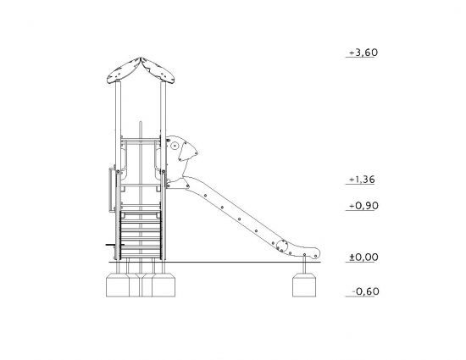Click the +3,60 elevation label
click(363, 53)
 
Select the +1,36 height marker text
click(362, 180)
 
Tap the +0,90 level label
click(363, 206)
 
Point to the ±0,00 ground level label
click(363, 258)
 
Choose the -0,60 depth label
click(365, 291)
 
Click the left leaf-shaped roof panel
click(124, 71)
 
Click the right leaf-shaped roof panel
click(158, 70)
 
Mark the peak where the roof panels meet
click(141, 58)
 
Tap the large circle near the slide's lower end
click(282, 246)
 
